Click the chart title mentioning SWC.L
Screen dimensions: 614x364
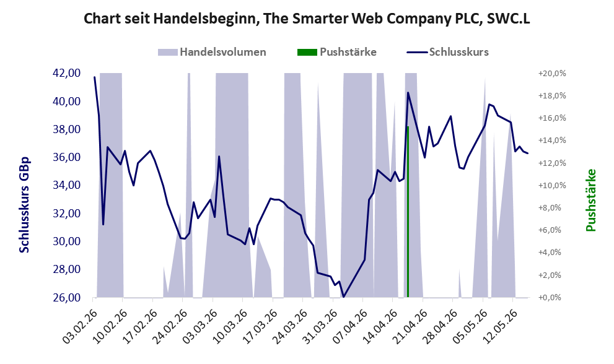307,19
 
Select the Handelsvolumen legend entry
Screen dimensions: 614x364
212,52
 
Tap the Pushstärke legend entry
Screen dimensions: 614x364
337,52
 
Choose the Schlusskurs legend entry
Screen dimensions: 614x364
447,52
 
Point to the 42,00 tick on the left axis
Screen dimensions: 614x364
66,73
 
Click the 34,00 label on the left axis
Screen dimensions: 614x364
66,185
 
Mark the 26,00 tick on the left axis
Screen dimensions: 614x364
66,298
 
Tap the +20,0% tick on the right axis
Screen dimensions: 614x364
552,74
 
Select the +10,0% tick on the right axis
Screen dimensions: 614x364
552,186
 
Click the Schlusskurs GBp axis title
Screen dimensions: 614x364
24,205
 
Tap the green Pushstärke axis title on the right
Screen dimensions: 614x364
590,200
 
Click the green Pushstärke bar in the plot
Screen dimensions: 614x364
408,212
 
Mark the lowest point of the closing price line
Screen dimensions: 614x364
343,297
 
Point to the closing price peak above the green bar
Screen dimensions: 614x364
408,92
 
